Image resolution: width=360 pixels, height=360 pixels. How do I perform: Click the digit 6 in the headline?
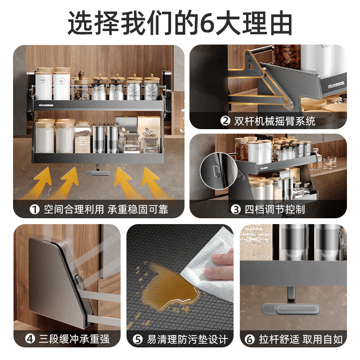click(x=207, y=22)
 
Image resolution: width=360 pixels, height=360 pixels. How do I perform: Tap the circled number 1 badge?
click(x=33, y=209)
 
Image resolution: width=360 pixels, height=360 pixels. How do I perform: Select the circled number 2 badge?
click(x=225, y=121)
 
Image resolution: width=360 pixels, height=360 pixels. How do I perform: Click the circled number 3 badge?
click(x=234, y=209)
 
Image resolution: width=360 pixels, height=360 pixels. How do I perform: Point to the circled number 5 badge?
click(x=138, y=339)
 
